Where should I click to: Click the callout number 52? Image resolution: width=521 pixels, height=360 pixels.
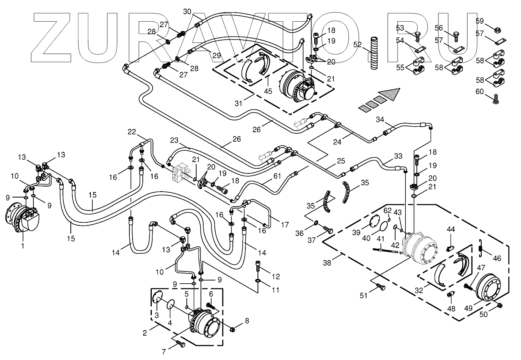[x=357, y=45]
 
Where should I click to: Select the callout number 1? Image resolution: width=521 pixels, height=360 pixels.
[x=22, y=246]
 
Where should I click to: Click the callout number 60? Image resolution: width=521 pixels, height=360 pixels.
[x=480, y=92]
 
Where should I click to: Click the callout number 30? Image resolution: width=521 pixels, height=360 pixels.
[x=188, y=11]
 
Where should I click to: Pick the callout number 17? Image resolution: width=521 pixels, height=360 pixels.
[x=285, y=225]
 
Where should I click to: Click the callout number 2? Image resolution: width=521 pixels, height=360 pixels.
[x=145, y=333]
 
